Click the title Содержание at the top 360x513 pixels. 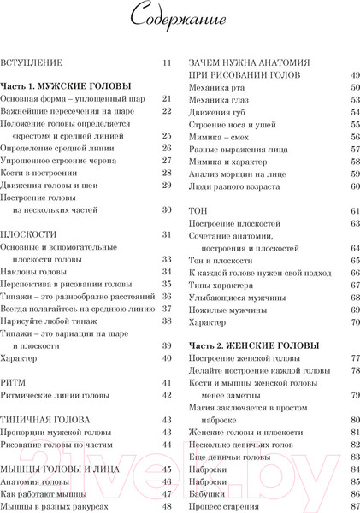180,18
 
